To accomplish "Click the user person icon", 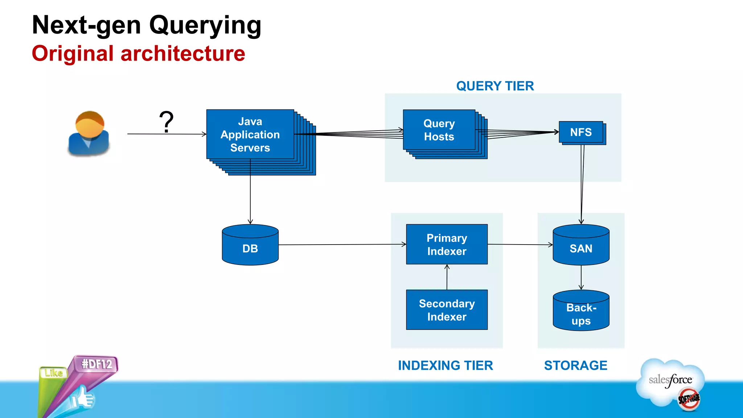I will [x=89, y=133].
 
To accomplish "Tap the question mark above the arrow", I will [x=166, y=122].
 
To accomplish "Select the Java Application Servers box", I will [x=250, y=135].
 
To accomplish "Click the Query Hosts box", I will [x=439, y=130].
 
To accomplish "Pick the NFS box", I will [x=581, y=132].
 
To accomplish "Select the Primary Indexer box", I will [x=447, y=244].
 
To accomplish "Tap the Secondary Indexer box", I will [x=447, y=310].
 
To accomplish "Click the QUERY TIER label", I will [x=495, y=86].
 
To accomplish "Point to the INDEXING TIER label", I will [x=446, y=365].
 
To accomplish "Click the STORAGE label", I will [x=575, y=365].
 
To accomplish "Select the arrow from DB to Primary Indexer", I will [x=341, y=245].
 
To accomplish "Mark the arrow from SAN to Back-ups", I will [x=581, y=278].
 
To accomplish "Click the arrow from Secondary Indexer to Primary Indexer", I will [x=447, y=277].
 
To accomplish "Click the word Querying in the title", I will [x=205, y=25].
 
